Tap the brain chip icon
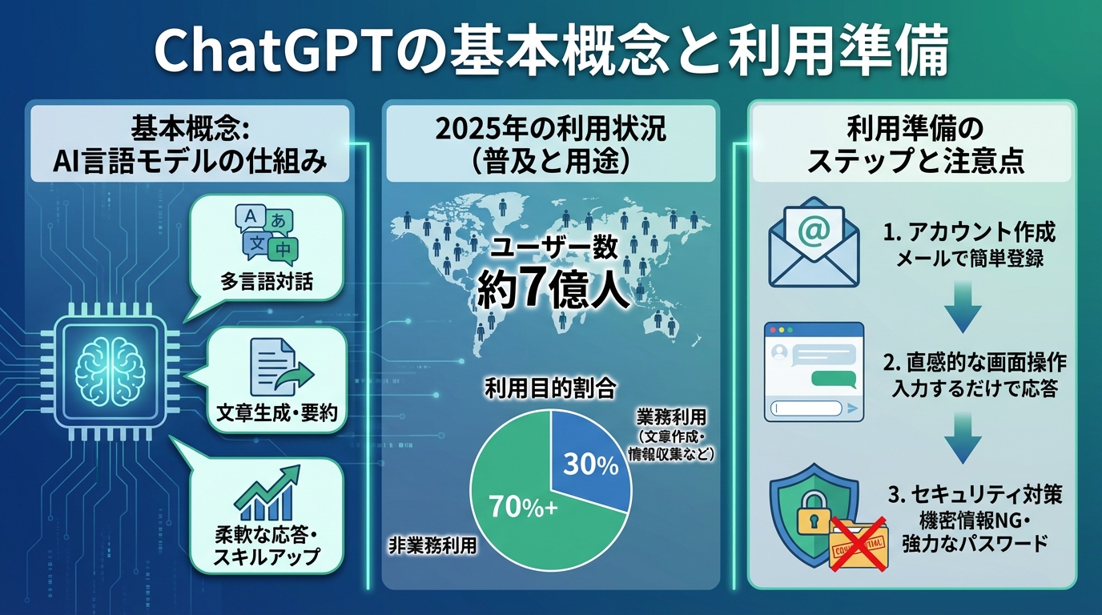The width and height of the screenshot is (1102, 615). pos(111,368)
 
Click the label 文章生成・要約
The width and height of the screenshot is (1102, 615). pos(277,413)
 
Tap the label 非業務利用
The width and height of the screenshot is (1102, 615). pos(432,546)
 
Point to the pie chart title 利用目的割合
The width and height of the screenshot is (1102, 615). pos(550,390)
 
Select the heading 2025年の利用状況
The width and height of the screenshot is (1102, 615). pos(550,131)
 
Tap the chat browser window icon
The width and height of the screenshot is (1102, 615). pos(814,372)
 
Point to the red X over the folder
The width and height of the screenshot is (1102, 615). pos(855,542)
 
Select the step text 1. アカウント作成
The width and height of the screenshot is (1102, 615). pos(970,233)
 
